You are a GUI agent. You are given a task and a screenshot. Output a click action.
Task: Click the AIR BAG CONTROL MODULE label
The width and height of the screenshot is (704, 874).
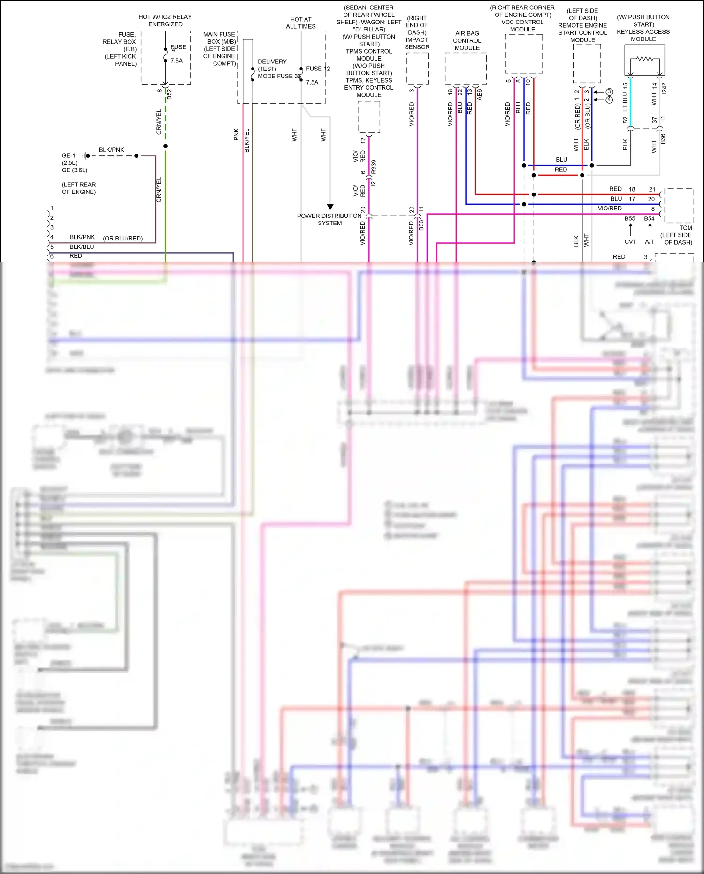click(467, 41)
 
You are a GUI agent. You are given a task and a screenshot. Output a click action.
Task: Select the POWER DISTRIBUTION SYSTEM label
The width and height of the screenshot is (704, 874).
click(329, 219)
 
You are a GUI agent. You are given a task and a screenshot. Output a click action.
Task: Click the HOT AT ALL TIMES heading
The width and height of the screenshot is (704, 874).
click(301, 23)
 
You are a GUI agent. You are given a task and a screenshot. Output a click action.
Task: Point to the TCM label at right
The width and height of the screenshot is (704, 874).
click(686, 228)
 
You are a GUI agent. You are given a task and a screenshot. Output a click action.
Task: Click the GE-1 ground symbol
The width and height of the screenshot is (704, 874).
click(85, 155)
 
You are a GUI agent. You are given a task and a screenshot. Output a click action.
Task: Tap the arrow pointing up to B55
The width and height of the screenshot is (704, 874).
click(630, 229)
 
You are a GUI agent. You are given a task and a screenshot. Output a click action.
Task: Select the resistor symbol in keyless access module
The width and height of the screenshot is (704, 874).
click(645, 59)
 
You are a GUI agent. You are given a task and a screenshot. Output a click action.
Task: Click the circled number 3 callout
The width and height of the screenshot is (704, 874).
click(609, 92)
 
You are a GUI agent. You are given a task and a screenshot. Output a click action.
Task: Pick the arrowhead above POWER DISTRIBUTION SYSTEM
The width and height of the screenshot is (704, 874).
click(330, 207)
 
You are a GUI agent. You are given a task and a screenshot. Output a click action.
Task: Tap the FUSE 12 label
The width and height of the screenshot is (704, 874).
click(318, 69)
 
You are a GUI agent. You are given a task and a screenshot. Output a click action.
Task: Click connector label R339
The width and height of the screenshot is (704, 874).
click(374, 167)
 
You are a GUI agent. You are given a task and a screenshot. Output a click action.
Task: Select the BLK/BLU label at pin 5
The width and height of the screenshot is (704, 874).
click(82, 247)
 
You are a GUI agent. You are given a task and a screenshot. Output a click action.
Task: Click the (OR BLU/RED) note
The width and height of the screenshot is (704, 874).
click(122, 239)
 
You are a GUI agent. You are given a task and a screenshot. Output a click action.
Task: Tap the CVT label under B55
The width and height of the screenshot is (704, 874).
click(630, 242)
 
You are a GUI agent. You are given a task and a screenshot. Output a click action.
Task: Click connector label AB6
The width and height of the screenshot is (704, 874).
click(479, 94)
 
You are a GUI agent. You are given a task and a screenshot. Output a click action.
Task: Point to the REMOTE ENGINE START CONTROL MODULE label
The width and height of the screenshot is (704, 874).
click(582, 32)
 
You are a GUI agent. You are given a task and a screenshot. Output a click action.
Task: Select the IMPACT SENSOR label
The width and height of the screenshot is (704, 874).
click(417, 43)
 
